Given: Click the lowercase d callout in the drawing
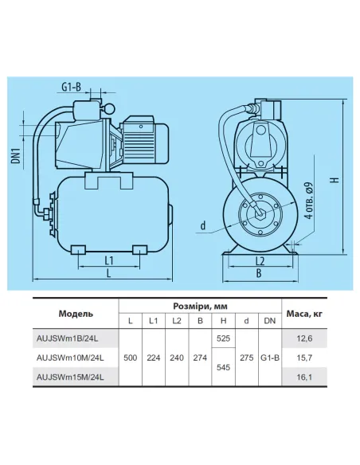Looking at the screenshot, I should tap(204, 226).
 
